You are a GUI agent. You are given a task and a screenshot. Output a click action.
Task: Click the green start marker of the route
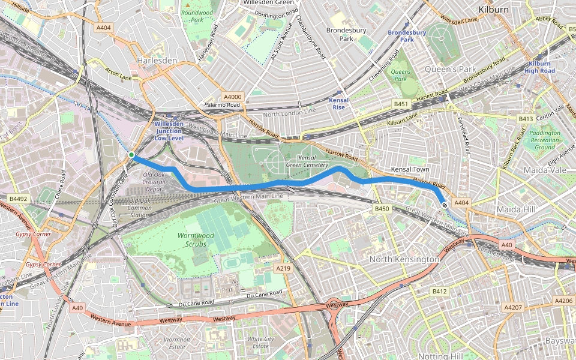(x=131, y=155)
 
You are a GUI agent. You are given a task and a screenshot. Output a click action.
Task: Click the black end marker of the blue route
(x=445, y=205)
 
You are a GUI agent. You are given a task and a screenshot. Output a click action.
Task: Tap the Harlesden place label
(x=157, y=61)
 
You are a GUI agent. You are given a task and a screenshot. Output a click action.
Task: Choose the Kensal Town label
(x=409, y=170)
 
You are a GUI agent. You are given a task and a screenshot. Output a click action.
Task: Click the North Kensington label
(x=404, y=259)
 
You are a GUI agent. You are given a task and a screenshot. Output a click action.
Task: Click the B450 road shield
(x=382, y=209)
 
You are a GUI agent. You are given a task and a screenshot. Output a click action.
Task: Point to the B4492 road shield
(x=18, y=198)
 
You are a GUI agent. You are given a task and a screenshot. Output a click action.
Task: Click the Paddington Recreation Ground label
(x=544, y=140)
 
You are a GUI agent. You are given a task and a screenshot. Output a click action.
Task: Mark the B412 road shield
(x=440, y=291)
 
